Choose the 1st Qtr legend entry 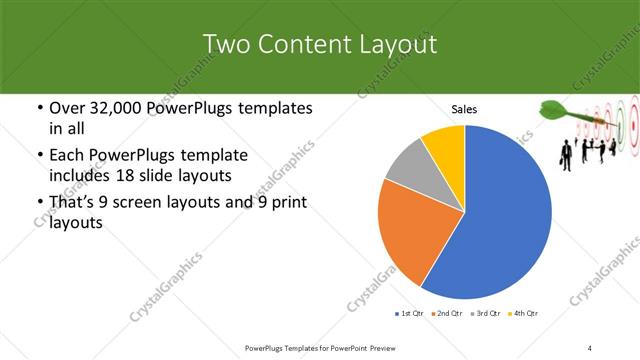tap(410, 314)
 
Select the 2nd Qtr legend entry tap(447, 314)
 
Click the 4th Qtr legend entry tap(524, 314)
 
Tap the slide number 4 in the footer tap(590, 348)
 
